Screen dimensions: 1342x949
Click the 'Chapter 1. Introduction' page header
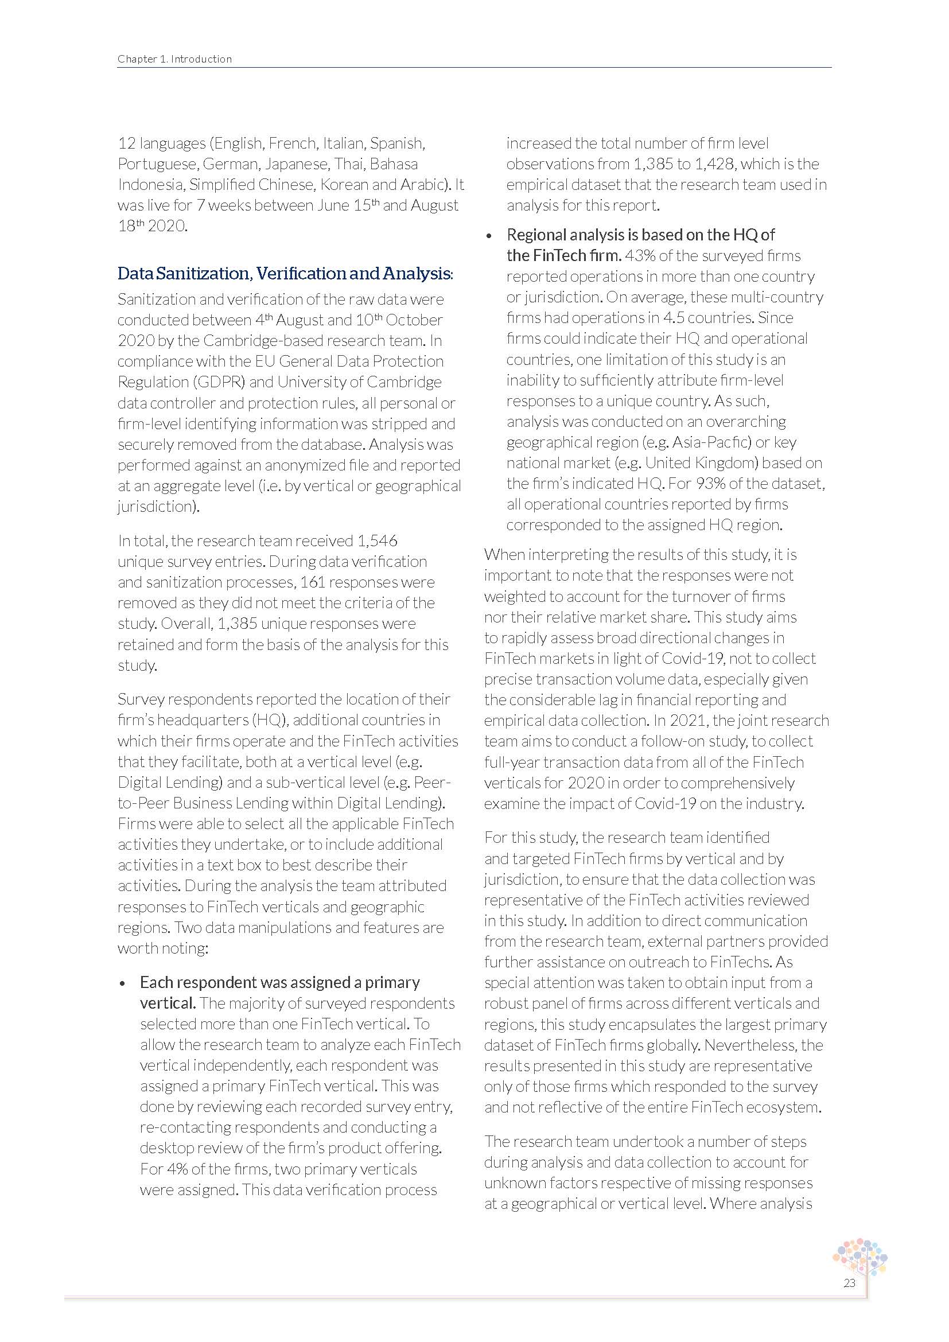pos(174,59)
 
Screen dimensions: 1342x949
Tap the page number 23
pos(849,1283)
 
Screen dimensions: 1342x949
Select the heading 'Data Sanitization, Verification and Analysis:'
pos(285,274)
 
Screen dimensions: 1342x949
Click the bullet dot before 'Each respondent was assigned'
pos(122,985)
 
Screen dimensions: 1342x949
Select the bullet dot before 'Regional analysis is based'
pos(489,236)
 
